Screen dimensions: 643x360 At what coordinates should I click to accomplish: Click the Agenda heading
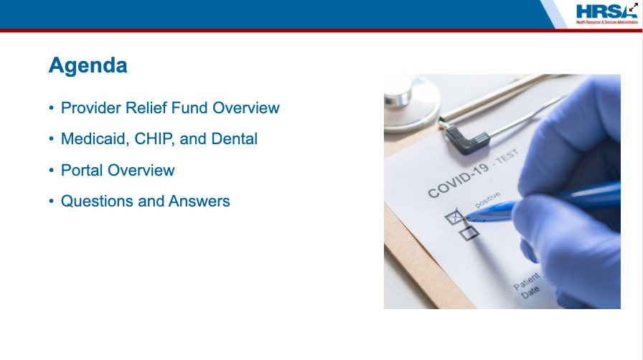88,65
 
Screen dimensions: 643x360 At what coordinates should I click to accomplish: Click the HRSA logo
606,14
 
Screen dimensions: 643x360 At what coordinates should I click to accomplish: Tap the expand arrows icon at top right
634,7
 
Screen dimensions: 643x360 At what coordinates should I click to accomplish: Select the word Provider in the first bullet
91,108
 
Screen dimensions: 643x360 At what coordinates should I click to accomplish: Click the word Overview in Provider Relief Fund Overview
246,108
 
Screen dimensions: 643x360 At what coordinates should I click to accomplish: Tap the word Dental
234,139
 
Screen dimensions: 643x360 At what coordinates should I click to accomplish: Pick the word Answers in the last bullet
200,202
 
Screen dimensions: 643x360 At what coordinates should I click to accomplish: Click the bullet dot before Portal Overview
51,170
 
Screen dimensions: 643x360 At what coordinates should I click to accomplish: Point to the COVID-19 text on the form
458,179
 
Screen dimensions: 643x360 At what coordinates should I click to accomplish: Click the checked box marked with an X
454,217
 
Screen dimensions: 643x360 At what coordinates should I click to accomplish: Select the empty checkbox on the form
469,233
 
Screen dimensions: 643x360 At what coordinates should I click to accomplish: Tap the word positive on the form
487,199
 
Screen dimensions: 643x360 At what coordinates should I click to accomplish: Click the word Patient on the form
527,281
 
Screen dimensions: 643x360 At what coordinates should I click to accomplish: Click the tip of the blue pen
466,218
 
